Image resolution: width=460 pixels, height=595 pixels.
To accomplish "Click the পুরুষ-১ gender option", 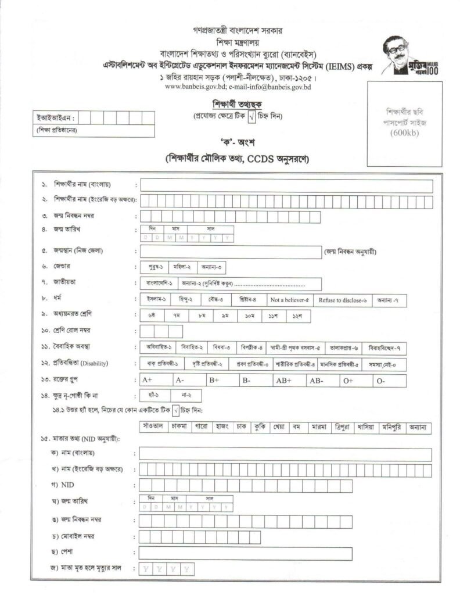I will (x=154, y=267).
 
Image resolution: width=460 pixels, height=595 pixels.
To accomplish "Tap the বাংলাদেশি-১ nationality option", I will (x=156, y=284).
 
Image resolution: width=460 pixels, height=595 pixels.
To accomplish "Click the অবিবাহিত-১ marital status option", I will (x=158, y=348).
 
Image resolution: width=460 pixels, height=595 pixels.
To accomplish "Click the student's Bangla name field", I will (x=286, y=186).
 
